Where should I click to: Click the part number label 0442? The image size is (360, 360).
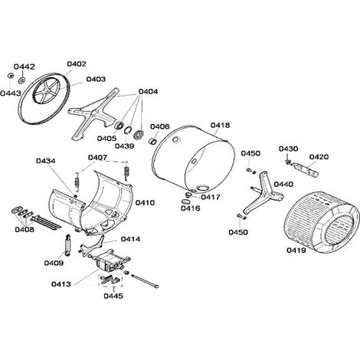25,67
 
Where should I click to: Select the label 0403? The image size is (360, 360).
96,79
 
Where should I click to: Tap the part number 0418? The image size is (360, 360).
220,126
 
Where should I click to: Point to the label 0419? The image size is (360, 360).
296,250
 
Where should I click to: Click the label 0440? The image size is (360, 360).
283,185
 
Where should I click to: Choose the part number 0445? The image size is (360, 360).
113,296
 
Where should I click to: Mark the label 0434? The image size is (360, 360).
46,161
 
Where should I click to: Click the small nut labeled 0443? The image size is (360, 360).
11,76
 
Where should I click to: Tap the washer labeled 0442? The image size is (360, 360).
21,80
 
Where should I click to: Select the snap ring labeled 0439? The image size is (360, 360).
128,130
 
